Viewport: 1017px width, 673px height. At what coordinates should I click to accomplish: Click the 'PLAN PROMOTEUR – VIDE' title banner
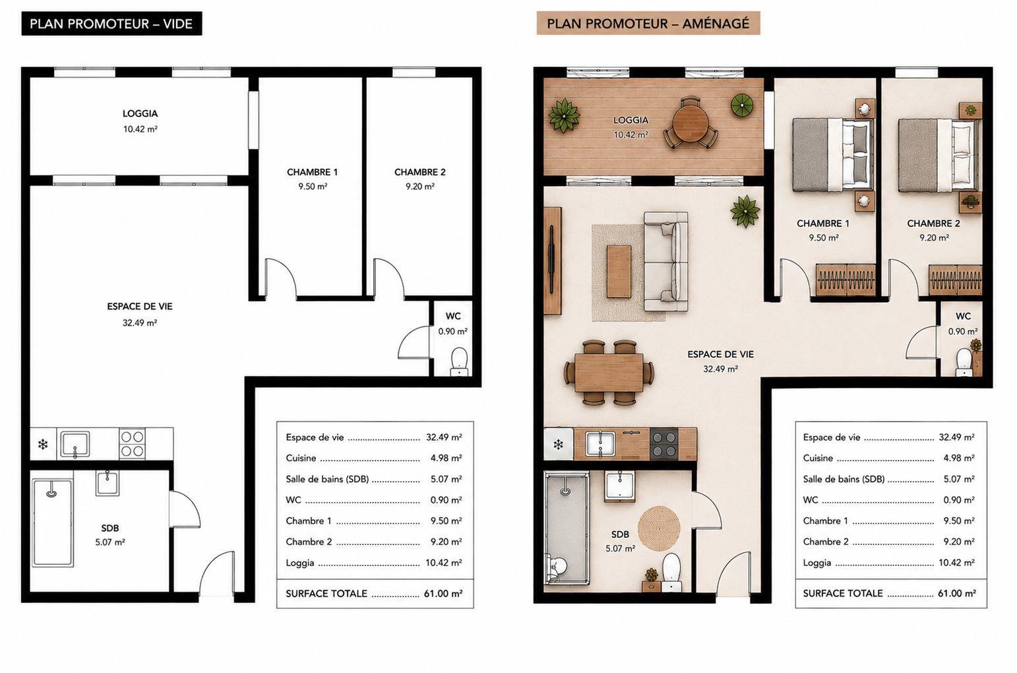point(111,24)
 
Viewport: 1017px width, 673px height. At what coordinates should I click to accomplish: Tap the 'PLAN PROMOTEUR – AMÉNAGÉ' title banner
point(648,23)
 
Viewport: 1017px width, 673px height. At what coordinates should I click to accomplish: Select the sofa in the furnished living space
point(666,261)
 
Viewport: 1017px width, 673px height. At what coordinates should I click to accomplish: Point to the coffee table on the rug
point(619,271)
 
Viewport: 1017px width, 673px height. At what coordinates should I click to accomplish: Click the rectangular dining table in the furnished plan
point(609,372)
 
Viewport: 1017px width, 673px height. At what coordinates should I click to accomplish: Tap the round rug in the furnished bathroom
point(659,528)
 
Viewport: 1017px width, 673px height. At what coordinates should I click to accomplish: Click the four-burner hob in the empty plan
point(132,443)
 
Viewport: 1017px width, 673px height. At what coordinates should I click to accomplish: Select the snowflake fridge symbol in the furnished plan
point(558,444)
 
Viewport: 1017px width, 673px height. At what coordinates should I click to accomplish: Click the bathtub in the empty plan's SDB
point(53,522)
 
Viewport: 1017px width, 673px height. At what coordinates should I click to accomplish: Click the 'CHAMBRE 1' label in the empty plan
point(313,172)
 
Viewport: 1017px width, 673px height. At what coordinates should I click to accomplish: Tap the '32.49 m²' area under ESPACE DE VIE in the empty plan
point(140,323)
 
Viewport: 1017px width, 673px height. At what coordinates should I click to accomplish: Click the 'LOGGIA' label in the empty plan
point(140,113)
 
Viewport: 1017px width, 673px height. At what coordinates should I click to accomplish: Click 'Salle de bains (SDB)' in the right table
point(844,479)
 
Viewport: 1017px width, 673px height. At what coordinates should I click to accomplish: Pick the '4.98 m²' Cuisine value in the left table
point(447,458)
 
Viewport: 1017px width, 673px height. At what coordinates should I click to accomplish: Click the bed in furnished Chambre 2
point(938,155)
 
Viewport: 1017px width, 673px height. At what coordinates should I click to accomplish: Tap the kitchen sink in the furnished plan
point(600,443)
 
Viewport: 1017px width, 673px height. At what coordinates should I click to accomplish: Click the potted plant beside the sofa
point(745,210)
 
